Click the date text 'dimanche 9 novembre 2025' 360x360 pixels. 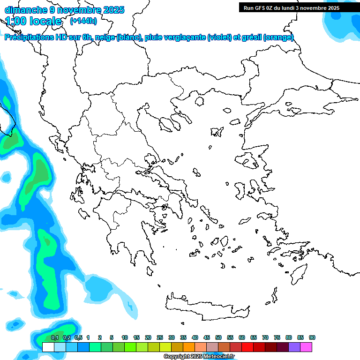(64, 10)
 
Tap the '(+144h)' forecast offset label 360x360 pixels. (83, 21)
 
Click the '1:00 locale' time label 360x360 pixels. (34, 21)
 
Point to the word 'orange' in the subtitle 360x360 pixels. (278, 38)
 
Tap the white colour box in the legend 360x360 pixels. (48, 347)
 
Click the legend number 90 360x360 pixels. (312, 338)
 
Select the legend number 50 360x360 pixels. (218, 338)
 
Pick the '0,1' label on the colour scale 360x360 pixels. (55, 338)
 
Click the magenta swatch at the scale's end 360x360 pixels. (306, 347)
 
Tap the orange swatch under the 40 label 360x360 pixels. (188, 347)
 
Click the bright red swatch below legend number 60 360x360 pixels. (247, 347)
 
